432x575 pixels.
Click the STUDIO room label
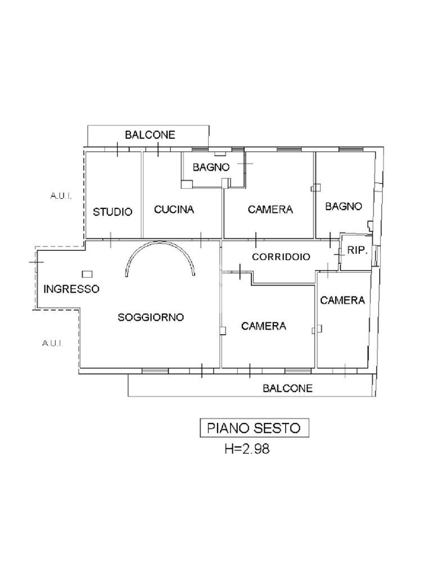click(112, 212)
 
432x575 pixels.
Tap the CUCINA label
click(174, 209)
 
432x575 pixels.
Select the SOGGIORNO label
click(151, 317)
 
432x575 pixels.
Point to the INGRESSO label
click(71, 289)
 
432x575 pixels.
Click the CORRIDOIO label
click(281, 257)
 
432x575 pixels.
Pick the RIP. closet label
click(357, 250)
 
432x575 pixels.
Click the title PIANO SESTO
click(254, 428)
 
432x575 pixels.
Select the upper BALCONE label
click(150, 135)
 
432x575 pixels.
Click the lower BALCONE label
click(288, 388)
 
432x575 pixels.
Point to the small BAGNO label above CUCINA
click(211, 167)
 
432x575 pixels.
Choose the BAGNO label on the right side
click(343, 206)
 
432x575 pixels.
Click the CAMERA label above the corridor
click(271, 209)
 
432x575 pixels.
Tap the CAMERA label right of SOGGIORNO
click(264, 326)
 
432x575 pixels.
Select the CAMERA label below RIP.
click(343, 300)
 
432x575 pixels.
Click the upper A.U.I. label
click(61, 197)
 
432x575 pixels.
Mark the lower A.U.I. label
click(52, 343)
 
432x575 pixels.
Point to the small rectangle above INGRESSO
click(87, 274)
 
